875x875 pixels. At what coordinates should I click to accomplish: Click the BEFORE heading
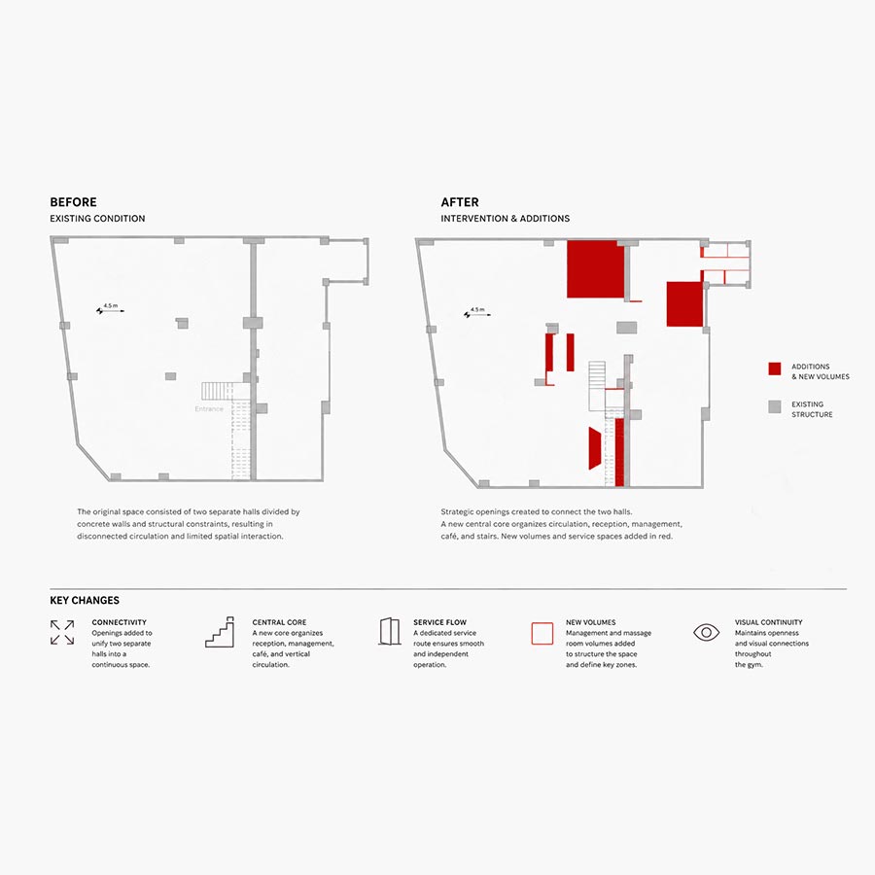[73, 202]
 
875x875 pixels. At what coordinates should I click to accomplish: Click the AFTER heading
[460, 202]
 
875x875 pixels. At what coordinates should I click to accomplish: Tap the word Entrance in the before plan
[209, 409]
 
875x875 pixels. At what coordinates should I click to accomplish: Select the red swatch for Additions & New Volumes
[775, 368]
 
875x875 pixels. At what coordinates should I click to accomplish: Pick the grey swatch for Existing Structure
[775, 406]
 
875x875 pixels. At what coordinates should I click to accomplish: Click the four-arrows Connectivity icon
[62, 632]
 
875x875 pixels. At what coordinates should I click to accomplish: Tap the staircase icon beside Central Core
[220, 632]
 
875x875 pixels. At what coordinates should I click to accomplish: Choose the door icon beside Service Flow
[390, 631]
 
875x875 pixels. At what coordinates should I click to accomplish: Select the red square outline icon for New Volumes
[542, 633]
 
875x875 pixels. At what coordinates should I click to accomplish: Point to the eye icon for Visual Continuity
[707, 632]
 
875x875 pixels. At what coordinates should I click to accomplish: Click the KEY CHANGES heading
[85, 601]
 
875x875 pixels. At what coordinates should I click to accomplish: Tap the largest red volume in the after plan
[595, 269]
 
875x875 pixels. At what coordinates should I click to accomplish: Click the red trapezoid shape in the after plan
[595, 448]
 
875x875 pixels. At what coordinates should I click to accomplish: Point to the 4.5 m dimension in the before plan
[111, 308]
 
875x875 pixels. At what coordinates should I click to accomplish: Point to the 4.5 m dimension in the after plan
[477, 312]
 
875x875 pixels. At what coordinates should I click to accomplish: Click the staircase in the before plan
[218, 391]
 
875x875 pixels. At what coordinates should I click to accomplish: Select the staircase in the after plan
[597, 386]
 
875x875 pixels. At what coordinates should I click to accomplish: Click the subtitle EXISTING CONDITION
[97, 219]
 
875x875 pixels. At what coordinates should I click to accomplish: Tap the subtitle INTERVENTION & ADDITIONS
[506, 219]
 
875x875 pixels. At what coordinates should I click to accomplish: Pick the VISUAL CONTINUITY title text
[768, 622]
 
